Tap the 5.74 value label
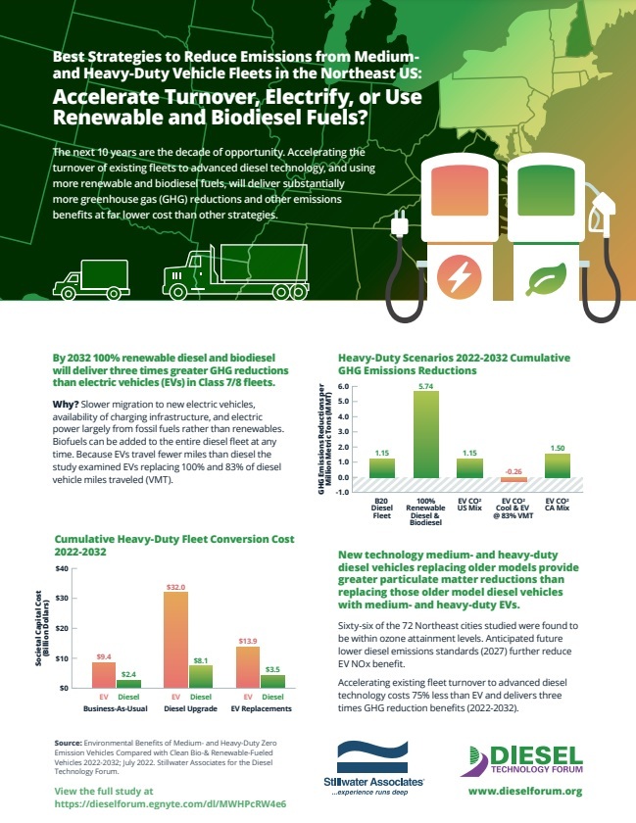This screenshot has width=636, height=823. click(424, 385)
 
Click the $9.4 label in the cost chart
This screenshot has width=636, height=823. click(104, 655)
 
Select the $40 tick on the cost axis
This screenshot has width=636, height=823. click(62, 568)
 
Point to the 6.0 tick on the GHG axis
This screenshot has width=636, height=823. click(344, 386)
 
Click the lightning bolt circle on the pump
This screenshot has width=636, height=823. click(458, 275)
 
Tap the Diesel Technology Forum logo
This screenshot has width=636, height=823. click(525, 756)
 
